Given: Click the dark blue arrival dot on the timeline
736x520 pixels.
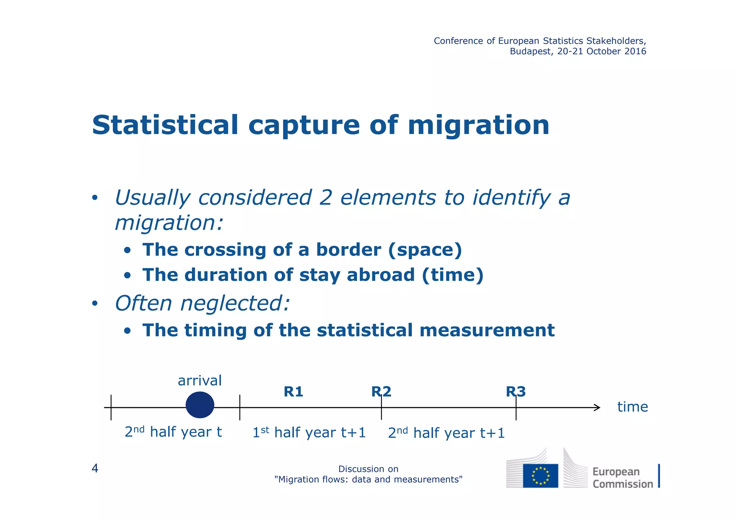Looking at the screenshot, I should pos(200,405).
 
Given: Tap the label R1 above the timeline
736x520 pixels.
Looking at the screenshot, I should pos(293,392).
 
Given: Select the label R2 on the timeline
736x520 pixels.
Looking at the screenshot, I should pos(381,392).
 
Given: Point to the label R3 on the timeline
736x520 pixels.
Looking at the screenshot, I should pos(516,392).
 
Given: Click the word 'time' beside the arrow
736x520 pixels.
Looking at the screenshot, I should pos(632,407).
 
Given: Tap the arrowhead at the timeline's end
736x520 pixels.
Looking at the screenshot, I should pos(597,408).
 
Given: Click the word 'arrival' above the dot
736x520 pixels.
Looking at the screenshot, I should pos(200,381).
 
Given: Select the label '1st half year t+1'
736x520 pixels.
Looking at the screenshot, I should pos(309,432).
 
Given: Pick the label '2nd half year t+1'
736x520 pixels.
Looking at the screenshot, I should pos(446,433).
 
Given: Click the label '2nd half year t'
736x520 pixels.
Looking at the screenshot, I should pos(173,432).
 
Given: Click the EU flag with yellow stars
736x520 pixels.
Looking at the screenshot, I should pos(540,475).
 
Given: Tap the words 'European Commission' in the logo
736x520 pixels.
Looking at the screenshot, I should pos(622,478).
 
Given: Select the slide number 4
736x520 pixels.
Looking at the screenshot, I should pos(95,468).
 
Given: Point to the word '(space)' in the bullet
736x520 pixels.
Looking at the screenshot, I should pos(425,250).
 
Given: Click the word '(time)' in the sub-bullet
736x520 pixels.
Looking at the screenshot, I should pos(452,275).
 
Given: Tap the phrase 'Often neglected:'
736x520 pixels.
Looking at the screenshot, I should pos(202,303).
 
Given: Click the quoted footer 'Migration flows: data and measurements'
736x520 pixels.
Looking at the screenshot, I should pos(368,479).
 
